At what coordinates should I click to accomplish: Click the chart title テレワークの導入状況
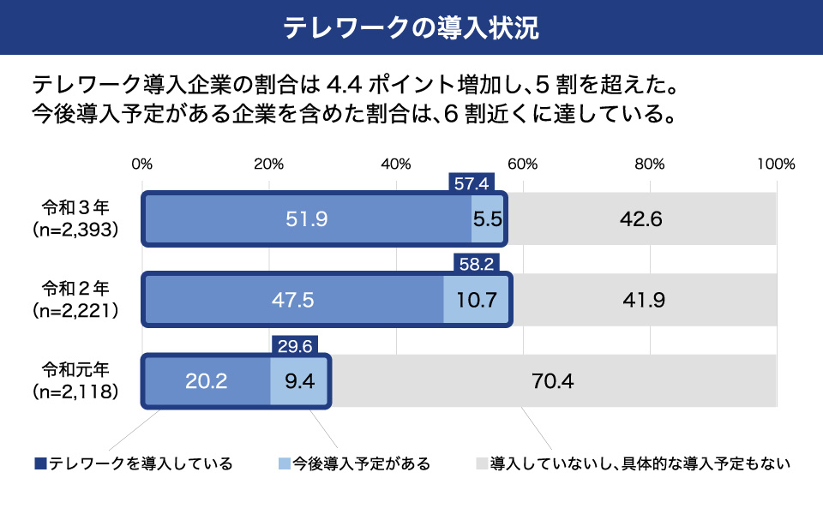pyautogui.click(x=411, y=27)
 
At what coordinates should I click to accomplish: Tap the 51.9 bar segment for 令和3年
pyautogui.click(x=307, y=219)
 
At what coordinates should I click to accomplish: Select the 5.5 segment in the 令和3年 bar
pyautogui.click(x=487, y=219)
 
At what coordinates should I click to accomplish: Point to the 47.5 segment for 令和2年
pyautogui.click(x=293, y=300)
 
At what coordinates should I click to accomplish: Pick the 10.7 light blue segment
pyautogui.click(x=477, y=300)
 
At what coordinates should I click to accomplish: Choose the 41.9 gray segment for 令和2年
pyautogui.click(x=644, y=300)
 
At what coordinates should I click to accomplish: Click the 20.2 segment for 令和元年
pyautogui.click(x=206, y=380)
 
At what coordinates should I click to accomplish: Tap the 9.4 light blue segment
pyautogui.click(x=299, y=380)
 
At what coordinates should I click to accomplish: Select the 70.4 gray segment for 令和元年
pyautogui.click(x=553, y=380)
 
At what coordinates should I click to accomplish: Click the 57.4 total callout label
pyautogui.click(x=471, y=182)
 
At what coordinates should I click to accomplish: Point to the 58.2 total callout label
pyautogui.click(x=476, y=264)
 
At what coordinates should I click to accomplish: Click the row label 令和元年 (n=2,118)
pyautogui.click(x=75, y=381)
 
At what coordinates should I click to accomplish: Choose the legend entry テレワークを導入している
pyautogui.click(x=134, y=464)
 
